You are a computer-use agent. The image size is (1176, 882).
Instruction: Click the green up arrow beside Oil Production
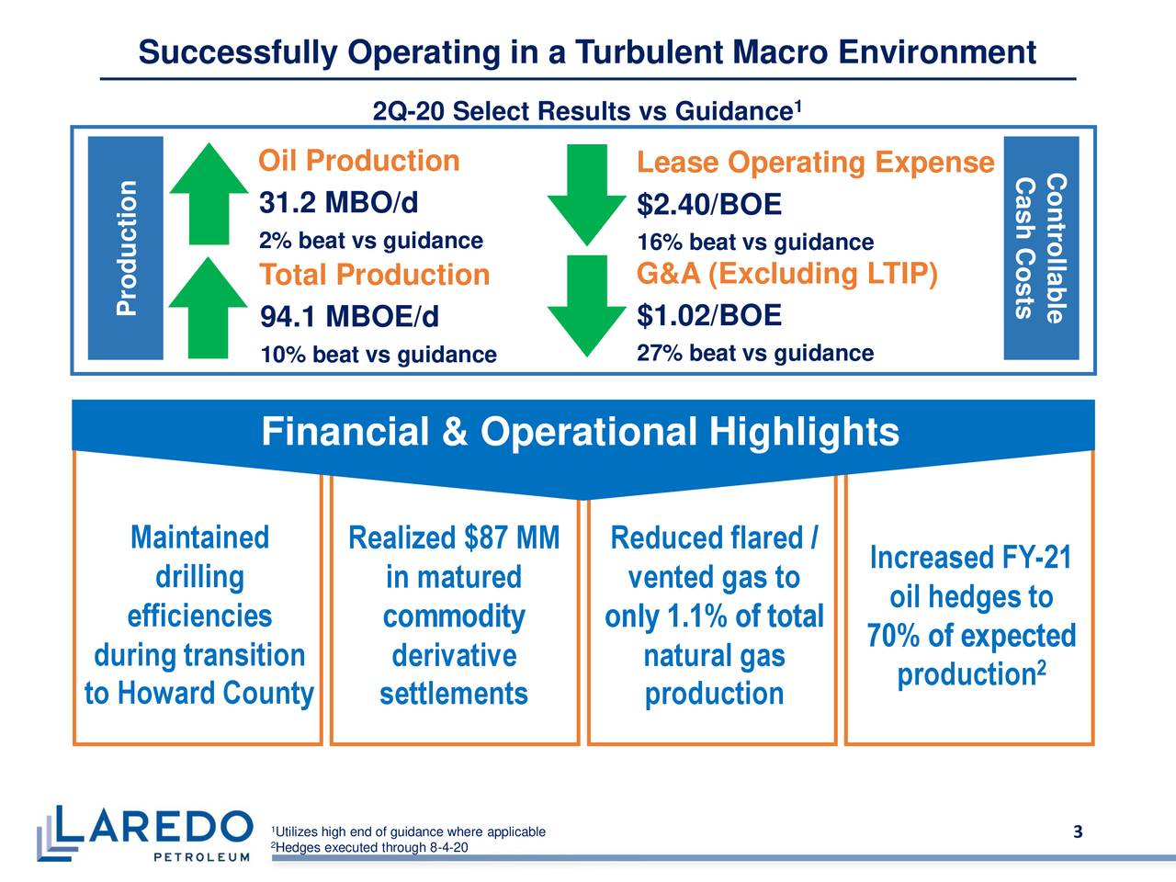tap(209, 194)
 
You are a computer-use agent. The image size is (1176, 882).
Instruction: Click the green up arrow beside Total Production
tap(209, 307)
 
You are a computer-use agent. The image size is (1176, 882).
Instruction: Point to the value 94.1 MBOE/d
tap(350, 317)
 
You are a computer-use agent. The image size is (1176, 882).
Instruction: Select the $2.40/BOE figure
tap(709, 204)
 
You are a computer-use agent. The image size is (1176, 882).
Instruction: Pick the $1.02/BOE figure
tap(709, 316)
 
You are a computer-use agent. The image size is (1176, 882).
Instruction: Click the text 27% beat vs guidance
tap(754, 354)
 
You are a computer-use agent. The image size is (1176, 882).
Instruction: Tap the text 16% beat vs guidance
tap(754, 243)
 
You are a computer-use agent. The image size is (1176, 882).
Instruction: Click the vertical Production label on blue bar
tap(127, 248)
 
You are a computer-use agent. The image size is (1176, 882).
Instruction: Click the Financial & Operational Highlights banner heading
tap(580, 432)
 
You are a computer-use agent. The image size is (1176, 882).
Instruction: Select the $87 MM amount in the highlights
tap(512, 537)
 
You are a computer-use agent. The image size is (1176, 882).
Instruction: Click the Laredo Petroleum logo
tap(144, 833)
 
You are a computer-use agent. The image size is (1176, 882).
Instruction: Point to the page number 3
tap(1078, 832)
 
